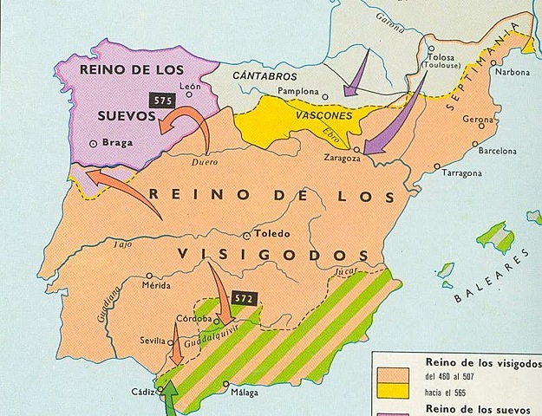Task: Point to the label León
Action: point(192,85)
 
